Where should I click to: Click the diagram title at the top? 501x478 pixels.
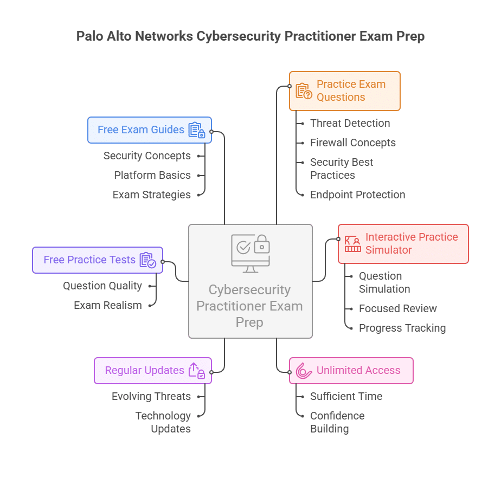(x=250, y=36)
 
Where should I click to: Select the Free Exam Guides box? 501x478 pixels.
(x=150, y=130)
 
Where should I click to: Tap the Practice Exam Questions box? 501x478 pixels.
(x=345, y=91)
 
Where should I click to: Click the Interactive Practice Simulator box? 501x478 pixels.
(x=403, y=244)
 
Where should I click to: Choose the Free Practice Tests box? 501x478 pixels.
(x=98, y=260)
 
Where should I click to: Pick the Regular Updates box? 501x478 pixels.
(x=152, y=371)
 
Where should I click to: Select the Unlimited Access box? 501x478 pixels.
(x=351, y=371)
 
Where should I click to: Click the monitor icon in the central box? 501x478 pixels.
(x=250, y=253)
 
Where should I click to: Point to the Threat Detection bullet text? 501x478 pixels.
(x=350, y=123)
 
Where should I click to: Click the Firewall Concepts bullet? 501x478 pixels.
(x=352, y=143)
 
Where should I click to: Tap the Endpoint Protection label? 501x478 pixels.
(x=357, y=195)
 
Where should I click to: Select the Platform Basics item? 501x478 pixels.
(x=152, y=175)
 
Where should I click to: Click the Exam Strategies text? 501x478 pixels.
(x=151, y=195)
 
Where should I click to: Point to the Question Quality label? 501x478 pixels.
(x=102, y=286)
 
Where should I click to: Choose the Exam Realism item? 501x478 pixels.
(x=107, y=305)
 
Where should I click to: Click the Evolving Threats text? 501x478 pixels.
(x=151, y=396)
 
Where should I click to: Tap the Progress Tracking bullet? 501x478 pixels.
(x=402, y=328)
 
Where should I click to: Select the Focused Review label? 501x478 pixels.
(x=397, y=308)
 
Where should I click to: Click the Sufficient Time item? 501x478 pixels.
(x=346, y=396)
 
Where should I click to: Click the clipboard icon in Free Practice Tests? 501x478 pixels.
(x=147, y=260)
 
